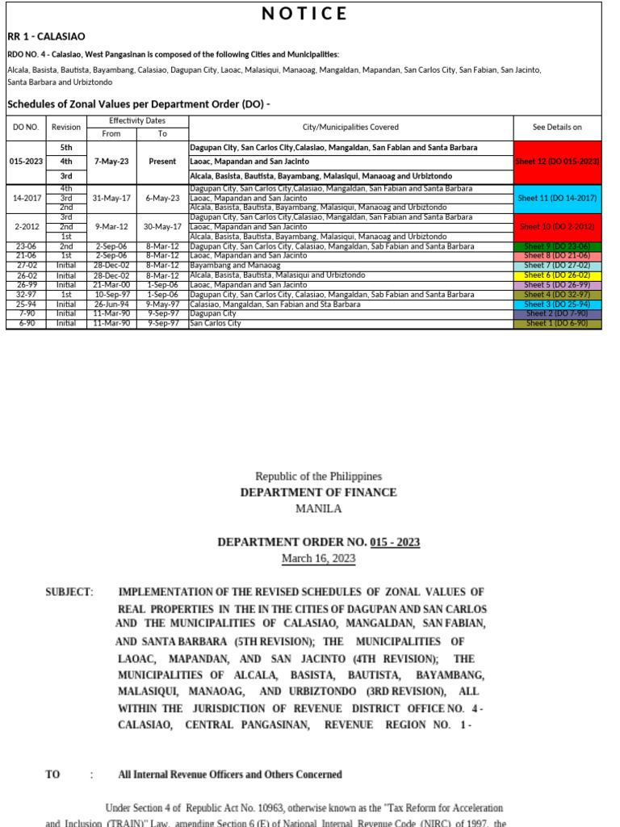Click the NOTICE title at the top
[304, 14]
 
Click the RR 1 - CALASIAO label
[46, 36]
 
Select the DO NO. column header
[26, 127]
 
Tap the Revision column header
[66, 127]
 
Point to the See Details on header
[557, 127]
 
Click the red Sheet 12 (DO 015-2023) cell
[557, 162]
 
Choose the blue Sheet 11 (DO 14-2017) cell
[557, 198]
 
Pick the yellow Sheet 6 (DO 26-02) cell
[557, 275]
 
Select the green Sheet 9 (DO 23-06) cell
[557, 246]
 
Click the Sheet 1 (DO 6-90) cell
[557, 324]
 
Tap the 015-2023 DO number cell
[26, 162]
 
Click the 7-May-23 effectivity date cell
[111, 162]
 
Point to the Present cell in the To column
[162, 162]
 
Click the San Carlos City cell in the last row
[216, 324]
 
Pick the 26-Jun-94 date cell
[111, 304]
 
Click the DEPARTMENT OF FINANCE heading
[318, 493]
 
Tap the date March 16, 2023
[318, 558]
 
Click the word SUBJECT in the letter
[69, 592]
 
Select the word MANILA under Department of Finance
[318, 509]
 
